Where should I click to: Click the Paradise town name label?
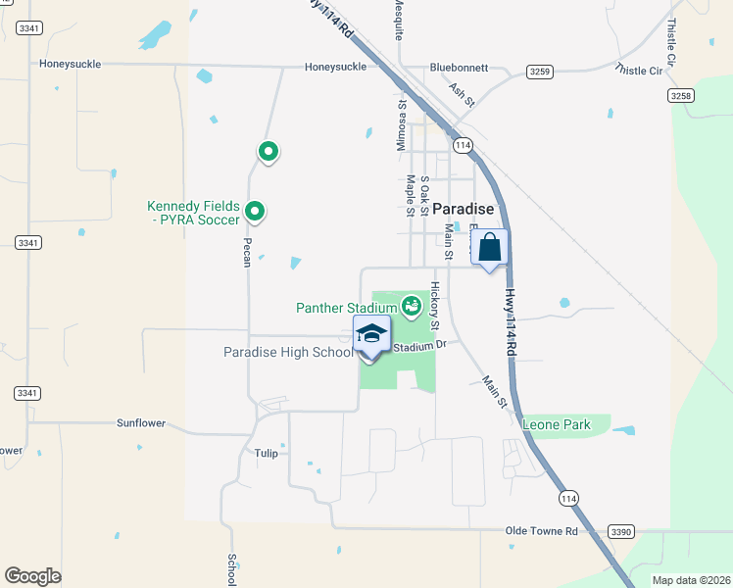(464, 209)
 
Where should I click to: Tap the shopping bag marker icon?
(490, 248)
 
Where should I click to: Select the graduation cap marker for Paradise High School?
(371, 333)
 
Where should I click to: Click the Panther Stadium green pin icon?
(413, 308)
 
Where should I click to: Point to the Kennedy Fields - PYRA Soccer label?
(193, 213)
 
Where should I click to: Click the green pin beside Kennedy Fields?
(255, 211)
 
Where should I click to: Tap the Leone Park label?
(557, 424)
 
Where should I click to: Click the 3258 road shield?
(681, 95)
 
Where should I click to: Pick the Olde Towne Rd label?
(542, 530)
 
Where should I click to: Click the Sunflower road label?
(141, 423)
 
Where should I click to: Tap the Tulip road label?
(266, 453)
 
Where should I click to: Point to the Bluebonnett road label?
(459, 68)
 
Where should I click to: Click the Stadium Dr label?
(419, 345)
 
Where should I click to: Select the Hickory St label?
(435, 306)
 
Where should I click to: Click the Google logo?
(32, 576)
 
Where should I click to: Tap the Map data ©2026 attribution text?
(691, 580)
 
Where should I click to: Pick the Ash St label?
(462, 94)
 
